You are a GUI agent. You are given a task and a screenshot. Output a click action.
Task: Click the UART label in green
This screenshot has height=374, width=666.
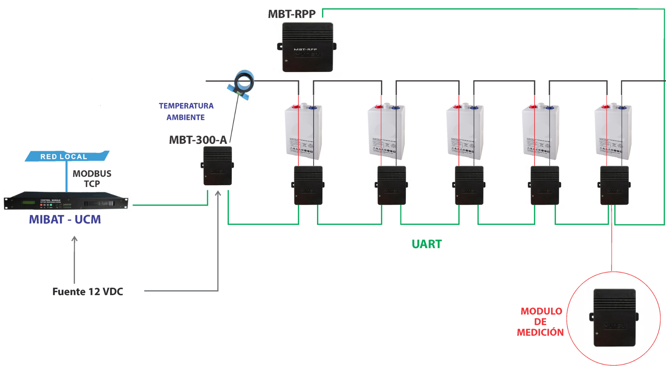click(x=427, y=244)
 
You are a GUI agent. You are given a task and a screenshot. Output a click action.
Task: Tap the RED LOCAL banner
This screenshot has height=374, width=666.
click(x=64, y=157)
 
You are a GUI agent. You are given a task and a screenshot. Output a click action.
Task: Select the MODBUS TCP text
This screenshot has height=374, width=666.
click(x=92, y=178)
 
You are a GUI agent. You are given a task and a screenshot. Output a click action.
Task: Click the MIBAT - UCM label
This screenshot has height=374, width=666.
click(x=65, y=220)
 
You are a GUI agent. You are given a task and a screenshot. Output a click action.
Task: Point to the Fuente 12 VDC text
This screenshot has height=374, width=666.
click(x=88, y=292)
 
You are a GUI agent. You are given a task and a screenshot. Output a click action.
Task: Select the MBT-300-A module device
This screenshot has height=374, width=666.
click(x=217, y=166)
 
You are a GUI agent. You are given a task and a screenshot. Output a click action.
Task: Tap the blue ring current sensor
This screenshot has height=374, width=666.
click(x=244, y=82)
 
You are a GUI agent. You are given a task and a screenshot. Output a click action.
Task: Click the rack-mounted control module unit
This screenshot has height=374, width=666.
click(x=66, y=201)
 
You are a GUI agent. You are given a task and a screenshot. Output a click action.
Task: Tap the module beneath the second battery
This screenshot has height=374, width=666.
click(x=391, y=186)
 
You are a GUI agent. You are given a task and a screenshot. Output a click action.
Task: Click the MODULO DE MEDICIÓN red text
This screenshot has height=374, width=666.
click(x=540, y=322)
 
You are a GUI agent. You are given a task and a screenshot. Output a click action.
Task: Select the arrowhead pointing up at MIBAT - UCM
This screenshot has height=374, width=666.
click(x=74, y=239)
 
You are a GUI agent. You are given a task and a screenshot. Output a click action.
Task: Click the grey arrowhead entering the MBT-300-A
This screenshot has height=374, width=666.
click(x=218, y=194)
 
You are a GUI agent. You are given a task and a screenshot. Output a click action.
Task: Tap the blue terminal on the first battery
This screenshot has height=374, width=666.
click(x=313, y=107)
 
